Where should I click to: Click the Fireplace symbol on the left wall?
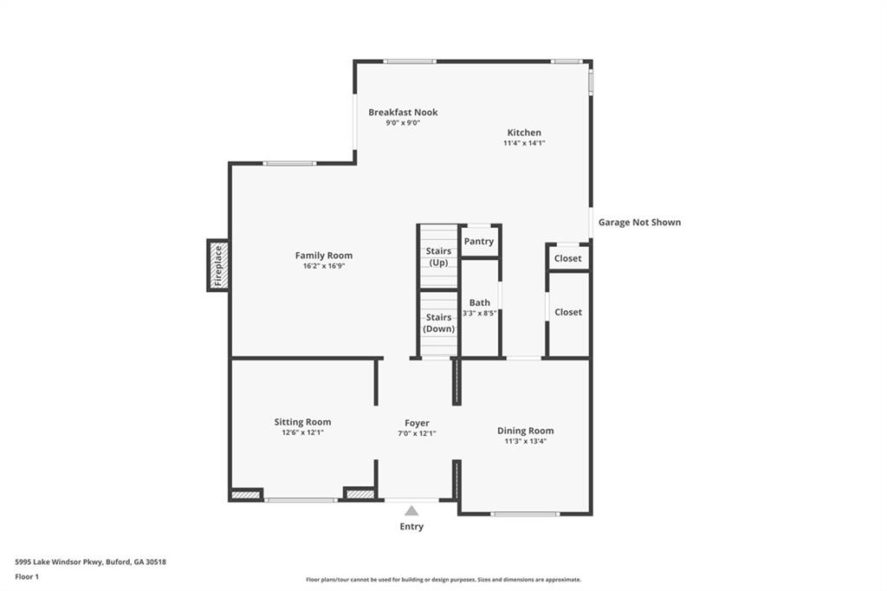pos(217,265)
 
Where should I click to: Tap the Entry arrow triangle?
pos(411,511)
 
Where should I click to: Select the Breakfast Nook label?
pos(403,112)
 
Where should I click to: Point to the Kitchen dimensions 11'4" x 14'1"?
pos(524,143)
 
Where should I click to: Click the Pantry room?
pos(479,242)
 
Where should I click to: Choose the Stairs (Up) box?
pos(438,257)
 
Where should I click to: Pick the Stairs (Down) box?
pos(438,323)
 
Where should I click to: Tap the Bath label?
pos(480,302)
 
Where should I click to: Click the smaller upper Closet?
pos(568,258)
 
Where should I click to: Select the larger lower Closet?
pos(568,312)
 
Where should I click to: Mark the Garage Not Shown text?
pos(639,223)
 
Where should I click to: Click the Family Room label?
pos(324,256)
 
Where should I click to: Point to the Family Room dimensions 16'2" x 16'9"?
pos(324,266)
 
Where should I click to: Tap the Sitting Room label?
pos(302,422)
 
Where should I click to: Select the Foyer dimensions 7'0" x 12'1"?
pos(417,433)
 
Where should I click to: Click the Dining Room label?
pos(525,431)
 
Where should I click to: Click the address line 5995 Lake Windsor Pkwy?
pos(91,562)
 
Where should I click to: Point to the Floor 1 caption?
pos(27,576)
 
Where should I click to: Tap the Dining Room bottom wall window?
pos(525,514)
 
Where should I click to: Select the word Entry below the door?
pos(411,527)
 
